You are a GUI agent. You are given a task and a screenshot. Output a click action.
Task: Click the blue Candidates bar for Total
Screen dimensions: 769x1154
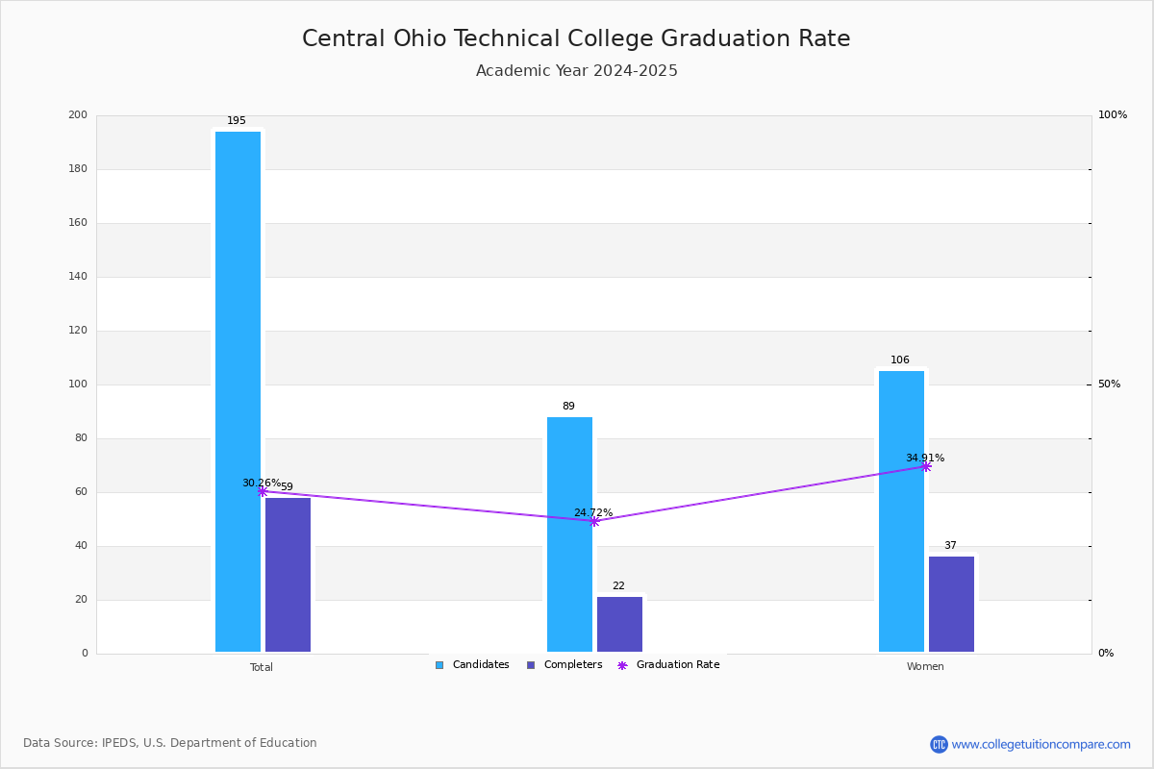[x=238, y=391]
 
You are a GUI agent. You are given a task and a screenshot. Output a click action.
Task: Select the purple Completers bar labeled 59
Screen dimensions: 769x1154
[x=288, y=574]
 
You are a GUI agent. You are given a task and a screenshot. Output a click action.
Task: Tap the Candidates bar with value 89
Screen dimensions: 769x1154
[x=569, y=533]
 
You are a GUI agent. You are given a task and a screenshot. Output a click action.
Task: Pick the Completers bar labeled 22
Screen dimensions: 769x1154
[x=619, y=624]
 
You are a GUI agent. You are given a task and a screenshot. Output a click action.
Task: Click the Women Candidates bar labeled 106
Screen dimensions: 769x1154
[x=901, y=510]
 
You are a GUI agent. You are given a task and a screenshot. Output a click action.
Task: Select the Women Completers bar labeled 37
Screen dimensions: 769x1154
[x=951, y=604]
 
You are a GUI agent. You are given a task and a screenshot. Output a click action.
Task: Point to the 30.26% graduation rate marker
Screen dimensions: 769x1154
[x=263, y=491]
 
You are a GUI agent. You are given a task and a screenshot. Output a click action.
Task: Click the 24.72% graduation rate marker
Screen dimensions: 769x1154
[x=594, y=521]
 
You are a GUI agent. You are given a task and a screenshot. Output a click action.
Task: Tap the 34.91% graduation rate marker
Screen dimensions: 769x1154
[x=926, y=466]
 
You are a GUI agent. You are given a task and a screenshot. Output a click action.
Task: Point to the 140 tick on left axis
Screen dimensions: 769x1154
[x=78, y=277]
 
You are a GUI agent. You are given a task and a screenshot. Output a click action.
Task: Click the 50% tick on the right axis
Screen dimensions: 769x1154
[x=1109, y=384]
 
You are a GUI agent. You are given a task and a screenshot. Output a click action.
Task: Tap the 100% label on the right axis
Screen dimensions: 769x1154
[x=1113, y=115]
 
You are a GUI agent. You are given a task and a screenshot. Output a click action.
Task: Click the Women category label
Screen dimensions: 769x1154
[x=925, y=667]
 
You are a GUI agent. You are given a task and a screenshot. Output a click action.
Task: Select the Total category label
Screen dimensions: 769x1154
[x=262, y=667]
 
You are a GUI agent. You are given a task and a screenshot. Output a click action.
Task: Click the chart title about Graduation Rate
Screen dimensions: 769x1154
[x=576, y=38]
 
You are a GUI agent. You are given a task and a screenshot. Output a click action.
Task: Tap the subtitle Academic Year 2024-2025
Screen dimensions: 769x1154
[x=576, y=71]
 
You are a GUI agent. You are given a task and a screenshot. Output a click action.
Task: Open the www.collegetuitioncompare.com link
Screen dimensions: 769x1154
[x=1041, y=744]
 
